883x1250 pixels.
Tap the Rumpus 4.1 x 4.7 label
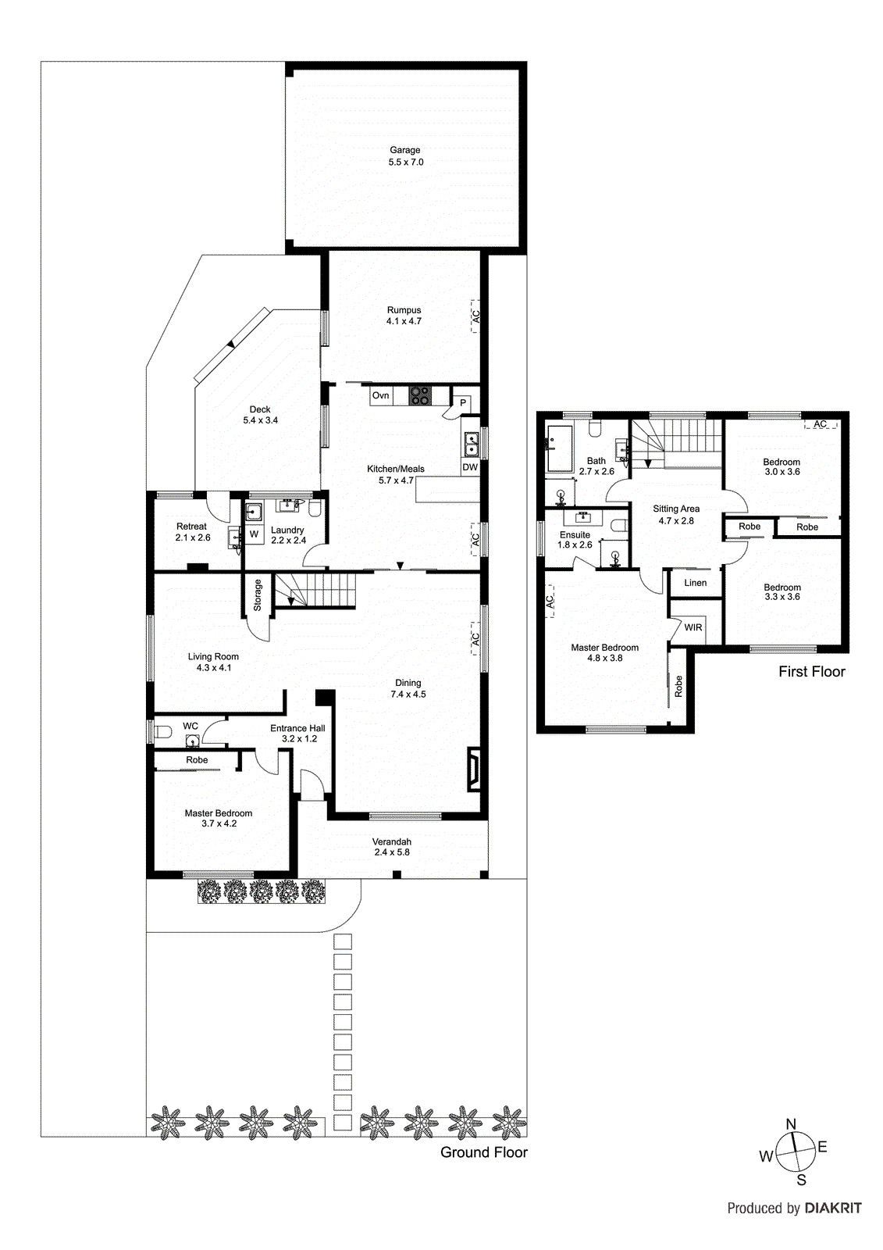tap(404, 316)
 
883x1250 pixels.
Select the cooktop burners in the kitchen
tap(419, 396)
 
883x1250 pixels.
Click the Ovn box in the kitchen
tap(380, 395)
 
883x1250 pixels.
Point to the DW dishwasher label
tap(470, 467)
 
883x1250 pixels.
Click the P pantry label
tap(463, 403)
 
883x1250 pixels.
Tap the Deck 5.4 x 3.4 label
tap(260, 415)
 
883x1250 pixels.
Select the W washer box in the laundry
tap(254, 534)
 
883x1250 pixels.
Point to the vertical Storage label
tap(258, 595)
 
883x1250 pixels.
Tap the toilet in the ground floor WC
tap(162, 732)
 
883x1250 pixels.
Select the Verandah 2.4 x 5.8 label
tap(391, 847)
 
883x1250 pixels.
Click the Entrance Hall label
tap(297, 733)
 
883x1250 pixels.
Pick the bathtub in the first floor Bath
tap(560, 448)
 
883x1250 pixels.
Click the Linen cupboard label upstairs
tap(695, 583)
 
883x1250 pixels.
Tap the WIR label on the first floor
tap(693, 627)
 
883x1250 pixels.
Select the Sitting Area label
tap(676, 514)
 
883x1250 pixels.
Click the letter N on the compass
tap(791, 1124)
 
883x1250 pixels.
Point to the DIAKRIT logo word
tap(833, 1208)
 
